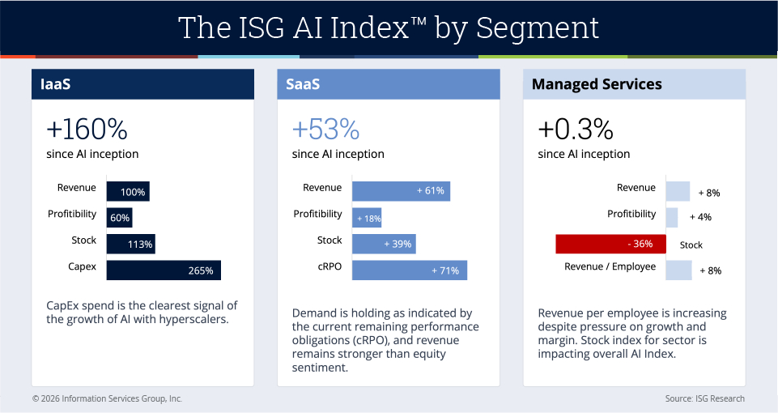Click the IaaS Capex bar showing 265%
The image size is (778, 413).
164,270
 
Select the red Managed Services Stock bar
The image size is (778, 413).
610,245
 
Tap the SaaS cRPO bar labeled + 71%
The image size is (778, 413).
410,270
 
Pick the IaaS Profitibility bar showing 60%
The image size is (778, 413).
119,218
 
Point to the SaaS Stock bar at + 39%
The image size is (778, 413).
384,244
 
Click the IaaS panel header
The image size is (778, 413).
142,84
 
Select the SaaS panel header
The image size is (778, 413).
389,84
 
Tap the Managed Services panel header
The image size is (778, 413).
634,84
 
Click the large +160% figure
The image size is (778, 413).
87,130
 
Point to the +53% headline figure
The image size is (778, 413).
325,130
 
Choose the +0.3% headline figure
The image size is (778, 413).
576,130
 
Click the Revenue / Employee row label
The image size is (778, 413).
610,266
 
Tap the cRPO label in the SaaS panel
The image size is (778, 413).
328,266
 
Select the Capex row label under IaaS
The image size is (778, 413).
82,266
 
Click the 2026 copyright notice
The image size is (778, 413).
107,398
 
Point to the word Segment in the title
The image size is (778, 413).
538,28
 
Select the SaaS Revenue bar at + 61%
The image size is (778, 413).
401,191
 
